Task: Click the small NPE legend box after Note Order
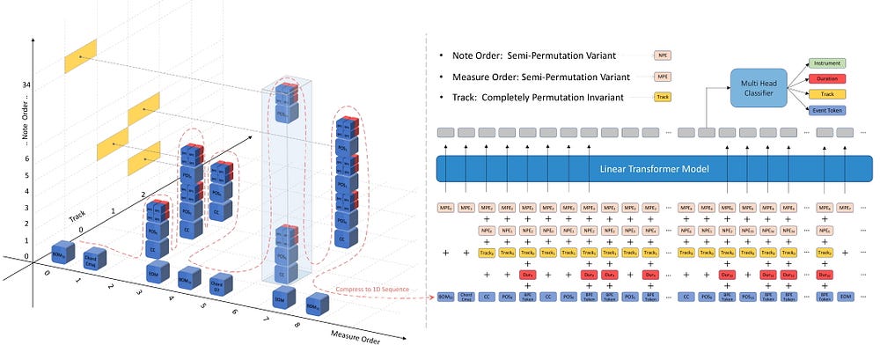(x=663, y=55)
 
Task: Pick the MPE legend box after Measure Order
(x=663, y=77)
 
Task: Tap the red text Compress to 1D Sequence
(x=382, y=289)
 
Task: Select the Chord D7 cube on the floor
(x=220, y=283)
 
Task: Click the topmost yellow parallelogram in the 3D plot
(x=81, y=55)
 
